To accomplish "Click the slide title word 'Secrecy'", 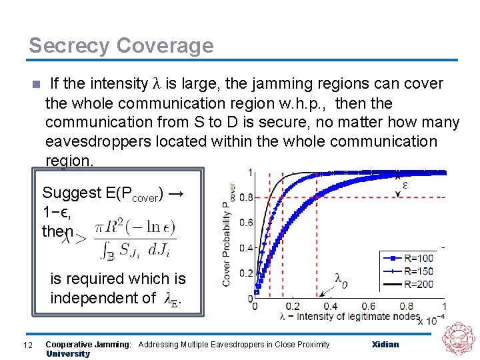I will click(x=69, y=46).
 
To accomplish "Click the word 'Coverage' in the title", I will click(x=165, y=46).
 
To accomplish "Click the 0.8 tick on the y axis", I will click(x=246, y=198).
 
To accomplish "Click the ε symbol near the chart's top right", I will click(x=406, y=184).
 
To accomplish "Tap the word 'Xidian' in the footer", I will click(x=385, y=345).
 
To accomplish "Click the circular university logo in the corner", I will click(x=460, y=340).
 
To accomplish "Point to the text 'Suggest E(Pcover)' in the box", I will click(x=103, y=194).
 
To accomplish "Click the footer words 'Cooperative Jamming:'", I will click(x=88, y=345).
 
